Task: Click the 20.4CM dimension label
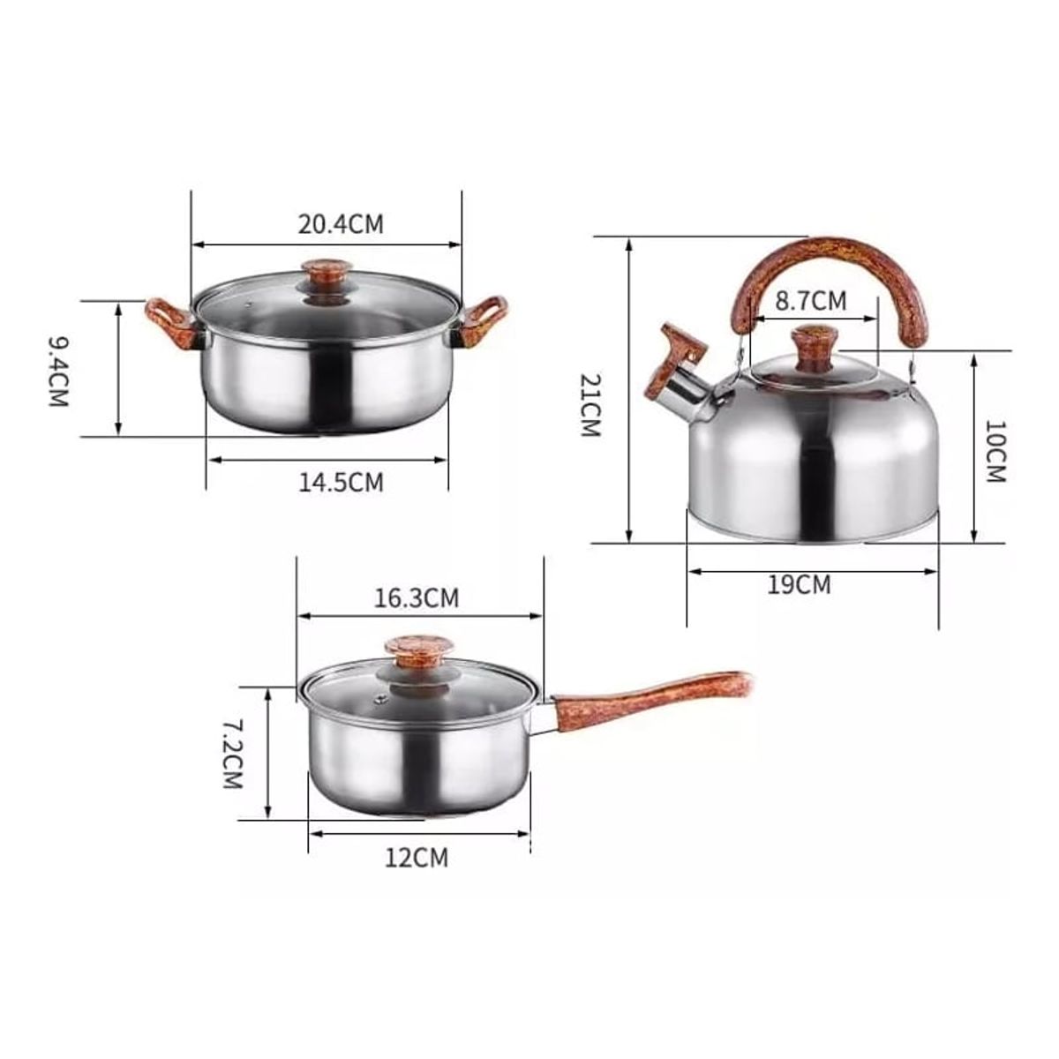pos(341,224)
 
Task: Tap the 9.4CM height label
pos(59,372)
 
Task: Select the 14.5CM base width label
pos(341,483)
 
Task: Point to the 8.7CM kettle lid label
pos(811,301)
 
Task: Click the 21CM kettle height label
pos(590,405)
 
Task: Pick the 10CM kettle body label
pos(995,452)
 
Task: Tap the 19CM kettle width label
pos(799,585)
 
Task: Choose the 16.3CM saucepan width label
pos(416,598)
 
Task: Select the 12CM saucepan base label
pos(416,858)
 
